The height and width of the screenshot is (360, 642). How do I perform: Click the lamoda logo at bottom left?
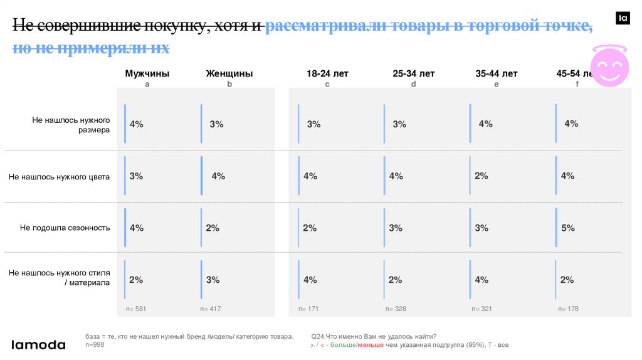39,345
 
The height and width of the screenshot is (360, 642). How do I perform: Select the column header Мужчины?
147,73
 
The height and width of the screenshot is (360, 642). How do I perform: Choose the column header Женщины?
229,73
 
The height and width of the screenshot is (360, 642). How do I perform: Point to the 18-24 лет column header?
327,73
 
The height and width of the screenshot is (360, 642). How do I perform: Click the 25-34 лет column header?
414,73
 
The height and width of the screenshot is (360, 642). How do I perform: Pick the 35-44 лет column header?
497,73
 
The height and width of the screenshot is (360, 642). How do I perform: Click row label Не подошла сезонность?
65,228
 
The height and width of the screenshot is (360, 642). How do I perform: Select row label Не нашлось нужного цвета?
60,177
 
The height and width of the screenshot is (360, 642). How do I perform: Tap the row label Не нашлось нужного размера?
71,125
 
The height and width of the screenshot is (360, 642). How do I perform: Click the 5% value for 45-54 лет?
568,228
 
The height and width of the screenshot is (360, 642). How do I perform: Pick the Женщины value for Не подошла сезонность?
213,228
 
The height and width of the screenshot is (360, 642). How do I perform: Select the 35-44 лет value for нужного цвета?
481,176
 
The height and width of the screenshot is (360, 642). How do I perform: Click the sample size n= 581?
136,309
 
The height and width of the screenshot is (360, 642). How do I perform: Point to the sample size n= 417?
211,309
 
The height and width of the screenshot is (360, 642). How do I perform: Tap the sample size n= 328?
396,309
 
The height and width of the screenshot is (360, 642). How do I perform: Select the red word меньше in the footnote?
371,346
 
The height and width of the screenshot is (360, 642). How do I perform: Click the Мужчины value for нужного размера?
136,124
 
